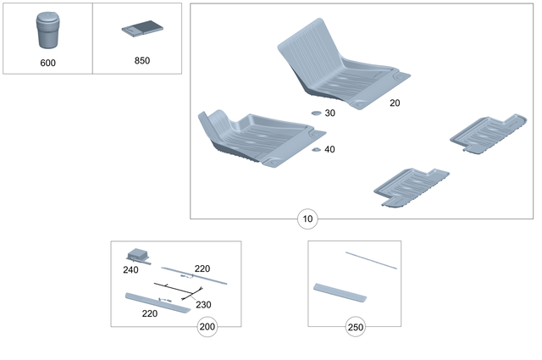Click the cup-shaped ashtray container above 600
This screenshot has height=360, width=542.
[47, 33]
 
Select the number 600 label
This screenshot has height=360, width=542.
[47, 63]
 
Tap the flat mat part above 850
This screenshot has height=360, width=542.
[141, 30]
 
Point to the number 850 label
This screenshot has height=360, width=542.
[141, 61]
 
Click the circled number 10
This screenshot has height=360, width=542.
[307, 219]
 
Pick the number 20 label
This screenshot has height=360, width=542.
[395, 102]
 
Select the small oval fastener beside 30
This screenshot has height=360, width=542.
[315, 113]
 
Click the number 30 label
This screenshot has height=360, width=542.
[329, 113]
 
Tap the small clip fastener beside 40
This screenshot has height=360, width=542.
[315, 149]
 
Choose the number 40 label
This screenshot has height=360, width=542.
[329, 149]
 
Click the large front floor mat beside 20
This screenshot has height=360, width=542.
[339, 68]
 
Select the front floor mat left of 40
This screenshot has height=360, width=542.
[258, 136]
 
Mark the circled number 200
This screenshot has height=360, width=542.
[207, 327]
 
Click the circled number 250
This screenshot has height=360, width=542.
[356, 327]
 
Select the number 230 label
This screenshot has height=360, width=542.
[203, 304]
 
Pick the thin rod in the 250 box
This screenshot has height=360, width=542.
[371, 259]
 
